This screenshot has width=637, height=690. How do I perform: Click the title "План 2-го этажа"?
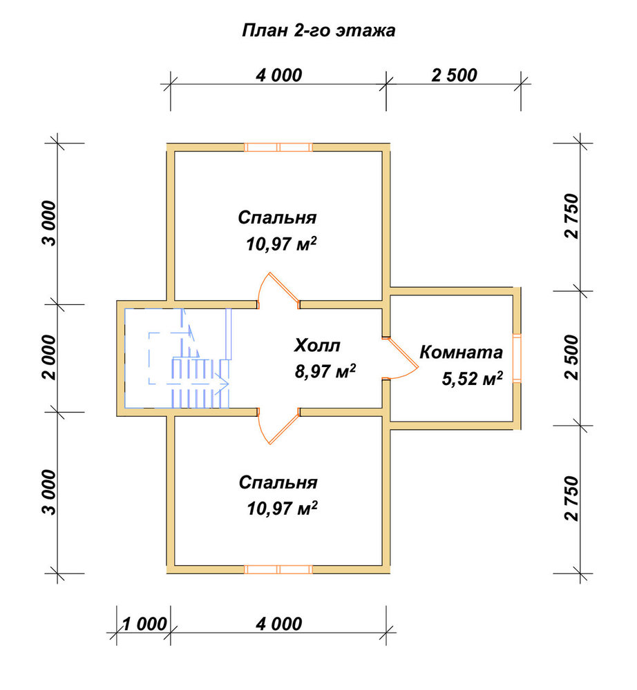[318, 31]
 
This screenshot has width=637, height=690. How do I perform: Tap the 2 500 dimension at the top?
[454, 75]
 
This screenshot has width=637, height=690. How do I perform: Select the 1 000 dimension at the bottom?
[144, 624]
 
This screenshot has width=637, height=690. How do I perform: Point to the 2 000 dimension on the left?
[49, 357]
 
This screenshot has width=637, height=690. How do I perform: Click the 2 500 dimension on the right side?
[571, 357]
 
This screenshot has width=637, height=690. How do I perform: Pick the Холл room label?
[316, 346]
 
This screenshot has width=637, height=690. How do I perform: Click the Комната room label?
[461, 352]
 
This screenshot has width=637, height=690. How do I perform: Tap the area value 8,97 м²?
[325, 371]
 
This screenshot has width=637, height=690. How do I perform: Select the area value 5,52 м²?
[473, 378]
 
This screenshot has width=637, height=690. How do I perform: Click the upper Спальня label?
[277, 217]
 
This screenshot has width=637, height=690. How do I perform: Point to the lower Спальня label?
[278, 482]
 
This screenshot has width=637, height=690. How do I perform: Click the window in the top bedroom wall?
[278, 147]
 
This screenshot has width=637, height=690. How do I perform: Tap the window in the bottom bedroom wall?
[278, 569]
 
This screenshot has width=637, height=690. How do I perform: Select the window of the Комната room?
[517, 358]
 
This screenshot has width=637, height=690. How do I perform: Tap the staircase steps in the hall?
[200, 383]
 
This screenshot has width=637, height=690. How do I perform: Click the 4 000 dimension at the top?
[279, 75]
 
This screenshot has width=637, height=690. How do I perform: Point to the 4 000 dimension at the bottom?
[279, 624]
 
